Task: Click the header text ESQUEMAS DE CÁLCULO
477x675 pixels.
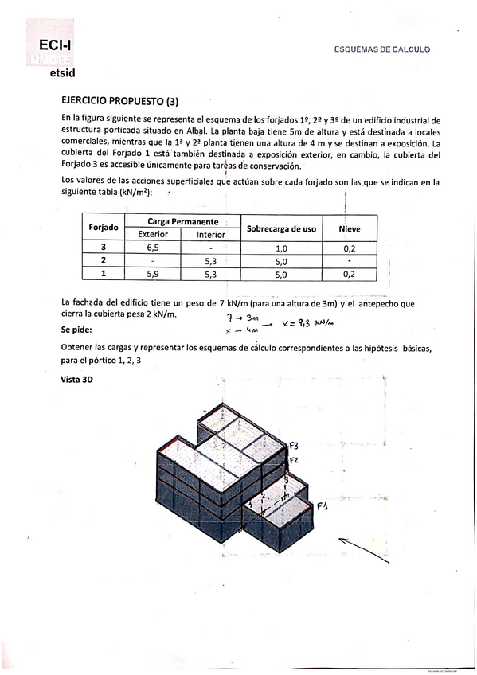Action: pos(382,49)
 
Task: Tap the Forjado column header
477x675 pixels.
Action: pos(104,227)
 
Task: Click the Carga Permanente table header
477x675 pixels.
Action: pos(183,220)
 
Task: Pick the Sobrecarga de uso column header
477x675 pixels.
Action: pos(281,228)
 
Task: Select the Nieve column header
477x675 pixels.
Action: pos(349,228)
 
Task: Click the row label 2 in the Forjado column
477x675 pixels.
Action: pos(104,261)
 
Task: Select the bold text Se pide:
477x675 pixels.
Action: pos(76,330)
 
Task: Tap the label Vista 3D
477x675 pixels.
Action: pos(76,380)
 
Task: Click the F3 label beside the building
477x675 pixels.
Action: pos(294,445)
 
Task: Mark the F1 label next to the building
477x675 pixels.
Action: pos(322,506)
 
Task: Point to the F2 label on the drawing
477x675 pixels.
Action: pos(293,460)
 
